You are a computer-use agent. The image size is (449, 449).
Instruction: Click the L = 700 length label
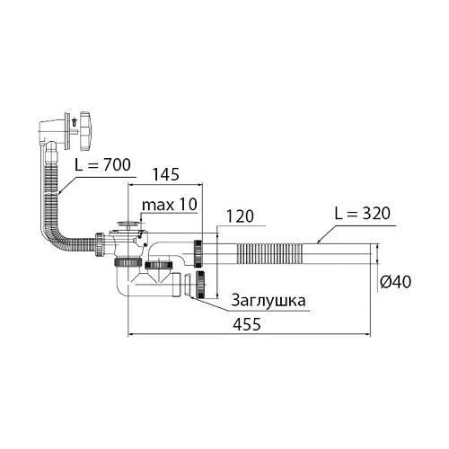(x=102, y=165)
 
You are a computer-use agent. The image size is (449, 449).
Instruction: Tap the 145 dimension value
(x=166, y=174)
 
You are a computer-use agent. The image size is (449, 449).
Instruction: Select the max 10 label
(x=170, y=205)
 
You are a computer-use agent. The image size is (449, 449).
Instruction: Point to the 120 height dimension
(x=240, y=216)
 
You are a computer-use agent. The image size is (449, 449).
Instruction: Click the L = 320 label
(x=362, y=213)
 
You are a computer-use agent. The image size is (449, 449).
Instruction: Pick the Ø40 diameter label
(x=395, y=282)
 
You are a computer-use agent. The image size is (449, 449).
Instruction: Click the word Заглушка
(x=269, y=301)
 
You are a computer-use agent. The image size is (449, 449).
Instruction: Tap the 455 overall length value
(x=247, y=324)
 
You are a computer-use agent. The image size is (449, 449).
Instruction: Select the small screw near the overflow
(x=74, y=122)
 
